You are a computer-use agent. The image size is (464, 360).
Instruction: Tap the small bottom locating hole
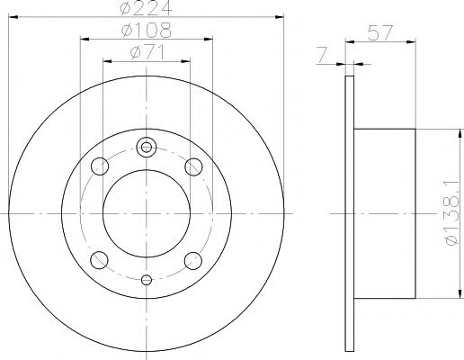point(147,279)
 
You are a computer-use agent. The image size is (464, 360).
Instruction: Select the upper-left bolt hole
point(101,166)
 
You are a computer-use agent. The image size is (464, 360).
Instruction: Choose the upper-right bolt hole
point(192,166)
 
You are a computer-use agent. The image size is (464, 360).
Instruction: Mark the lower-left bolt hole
point(101,261)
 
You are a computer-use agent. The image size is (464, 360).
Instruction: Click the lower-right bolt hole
point(192,261)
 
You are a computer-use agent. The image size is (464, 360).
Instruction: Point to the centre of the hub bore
point(147,213)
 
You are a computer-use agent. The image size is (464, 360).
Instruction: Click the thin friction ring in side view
point(349,213)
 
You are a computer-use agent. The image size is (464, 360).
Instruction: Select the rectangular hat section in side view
point(384,213)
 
